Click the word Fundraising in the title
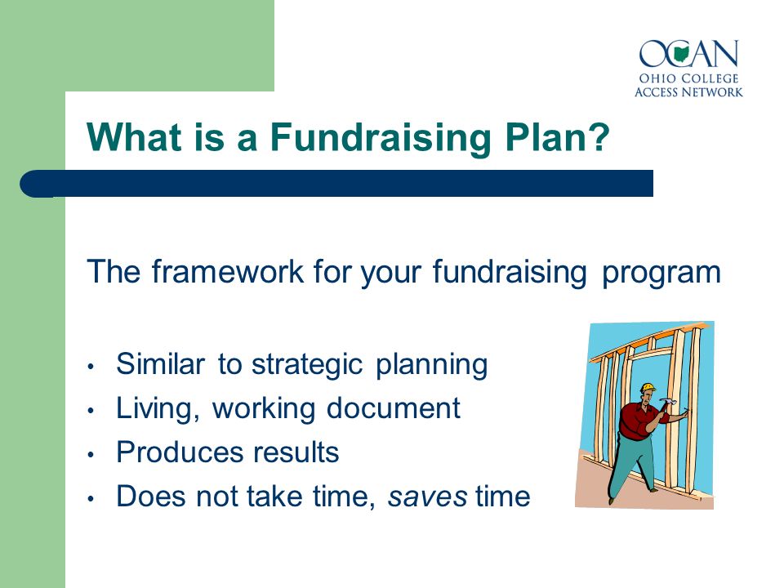[381, 139]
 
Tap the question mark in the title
[598, 136]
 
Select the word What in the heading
[134, 136]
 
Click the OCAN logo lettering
[688, 54]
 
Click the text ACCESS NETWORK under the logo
[688, 92]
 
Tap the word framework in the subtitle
[228, 271]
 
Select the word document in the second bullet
[393, 408]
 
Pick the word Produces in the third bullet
[179, 452]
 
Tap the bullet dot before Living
[91, 411]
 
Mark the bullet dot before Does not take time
[91, 499]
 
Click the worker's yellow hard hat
[648, 387]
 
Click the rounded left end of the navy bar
[31, 184]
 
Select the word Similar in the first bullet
[161, 363]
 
